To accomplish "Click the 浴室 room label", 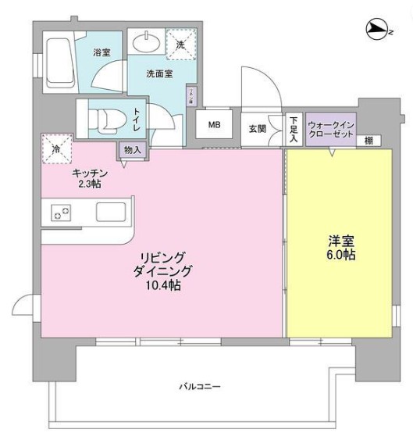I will [101, 52].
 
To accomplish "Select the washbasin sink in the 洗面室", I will [146, 41].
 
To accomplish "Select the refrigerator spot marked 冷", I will [56, 148].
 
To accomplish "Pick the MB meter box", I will [213, 124].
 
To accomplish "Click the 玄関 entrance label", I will [257, 129].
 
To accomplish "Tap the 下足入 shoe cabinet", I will [293, 129].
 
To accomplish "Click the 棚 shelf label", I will [368, 140].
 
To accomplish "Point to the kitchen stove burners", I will [61, 213].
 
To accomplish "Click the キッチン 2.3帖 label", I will [87, 177].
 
